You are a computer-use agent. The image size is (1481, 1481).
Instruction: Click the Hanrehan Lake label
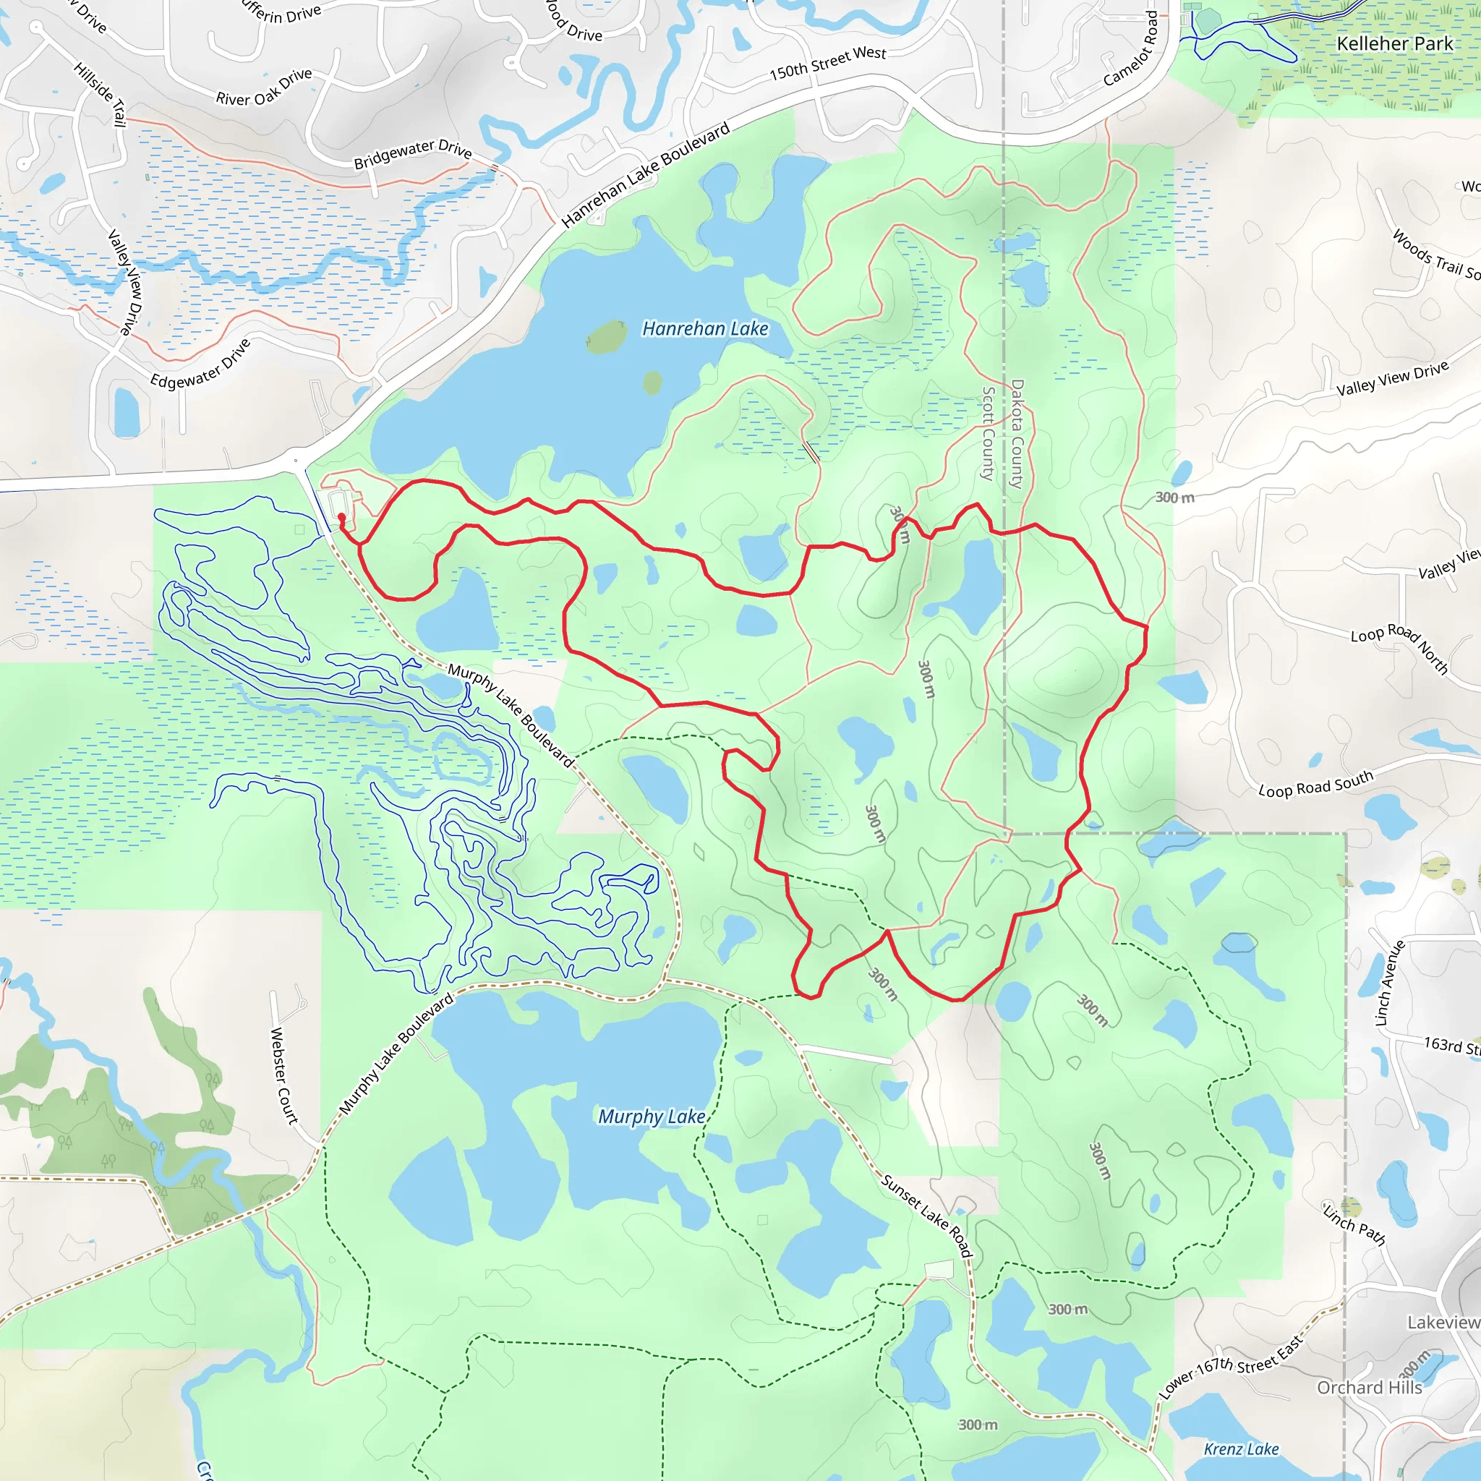704,329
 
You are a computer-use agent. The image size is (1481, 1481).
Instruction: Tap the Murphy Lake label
651,1116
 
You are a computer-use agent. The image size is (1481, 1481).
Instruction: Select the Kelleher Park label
1394,43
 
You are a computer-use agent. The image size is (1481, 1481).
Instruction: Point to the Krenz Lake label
1240,1448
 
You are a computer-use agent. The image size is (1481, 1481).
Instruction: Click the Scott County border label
989,433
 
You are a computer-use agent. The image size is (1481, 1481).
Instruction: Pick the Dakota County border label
1017,433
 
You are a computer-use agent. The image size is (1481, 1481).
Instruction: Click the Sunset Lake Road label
927,1216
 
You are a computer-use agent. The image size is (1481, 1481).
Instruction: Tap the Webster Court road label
283,1075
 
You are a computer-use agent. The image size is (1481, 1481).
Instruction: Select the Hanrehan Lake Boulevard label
646,176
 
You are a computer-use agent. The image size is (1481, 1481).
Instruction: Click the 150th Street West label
827,63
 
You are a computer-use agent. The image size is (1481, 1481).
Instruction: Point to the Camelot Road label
1131,48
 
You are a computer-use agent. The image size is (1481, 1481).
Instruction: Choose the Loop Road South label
1315,784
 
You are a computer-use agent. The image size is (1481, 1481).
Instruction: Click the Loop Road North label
1399,648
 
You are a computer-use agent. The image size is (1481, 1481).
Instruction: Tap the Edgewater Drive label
200,363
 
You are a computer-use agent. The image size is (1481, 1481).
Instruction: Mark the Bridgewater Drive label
412,153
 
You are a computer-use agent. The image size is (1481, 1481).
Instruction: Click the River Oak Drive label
264,87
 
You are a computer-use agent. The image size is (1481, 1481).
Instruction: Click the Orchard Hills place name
1369,1388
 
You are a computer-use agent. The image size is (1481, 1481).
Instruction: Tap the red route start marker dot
342,518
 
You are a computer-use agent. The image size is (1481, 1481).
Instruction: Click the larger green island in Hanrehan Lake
606,336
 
